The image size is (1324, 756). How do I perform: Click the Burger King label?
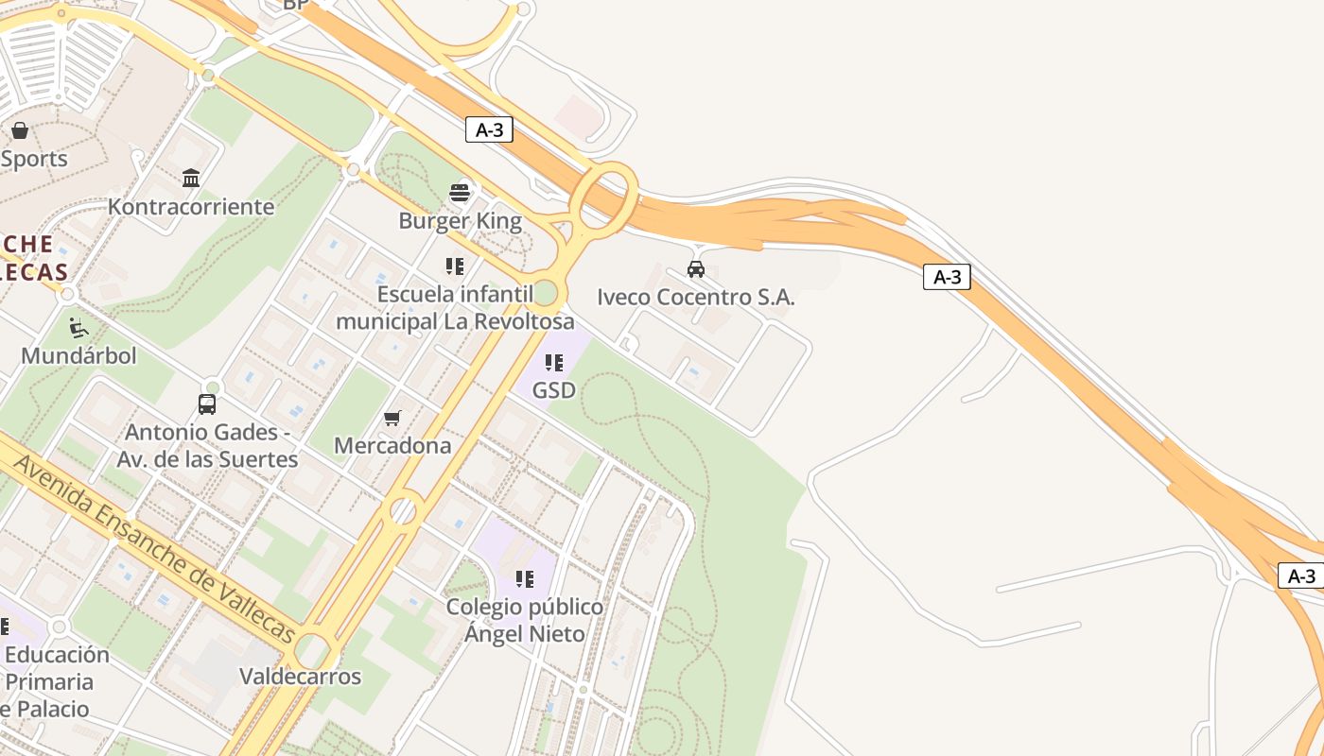(460, 221)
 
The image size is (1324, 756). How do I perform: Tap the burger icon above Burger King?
(460, 193)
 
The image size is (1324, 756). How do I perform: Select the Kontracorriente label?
(191, 206)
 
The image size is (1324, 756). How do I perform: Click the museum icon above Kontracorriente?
(191, 178)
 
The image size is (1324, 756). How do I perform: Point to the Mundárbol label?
(78, 355)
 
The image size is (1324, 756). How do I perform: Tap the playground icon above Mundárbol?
(78, 328)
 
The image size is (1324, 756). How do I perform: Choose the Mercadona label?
(392, 445)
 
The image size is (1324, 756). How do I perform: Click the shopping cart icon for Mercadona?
(392, 418)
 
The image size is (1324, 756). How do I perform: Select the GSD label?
(554, 389)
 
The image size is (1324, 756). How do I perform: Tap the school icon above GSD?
(554, 362)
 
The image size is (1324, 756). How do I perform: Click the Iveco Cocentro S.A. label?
(696, 297)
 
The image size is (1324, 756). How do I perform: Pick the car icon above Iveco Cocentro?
(696, 269)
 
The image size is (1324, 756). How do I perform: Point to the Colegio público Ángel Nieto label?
(525, 620)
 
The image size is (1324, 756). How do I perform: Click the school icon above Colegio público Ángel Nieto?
(525, 578)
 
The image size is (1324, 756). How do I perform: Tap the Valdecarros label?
(300, 677)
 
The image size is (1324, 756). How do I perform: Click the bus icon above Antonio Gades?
(207, 404)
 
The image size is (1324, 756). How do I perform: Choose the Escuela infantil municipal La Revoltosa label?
(455, 308)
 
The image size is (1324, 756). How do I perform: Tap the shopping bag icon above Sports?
(20, 130)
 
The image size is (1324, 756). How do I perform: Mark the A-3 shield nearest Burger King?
(489, 130)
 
